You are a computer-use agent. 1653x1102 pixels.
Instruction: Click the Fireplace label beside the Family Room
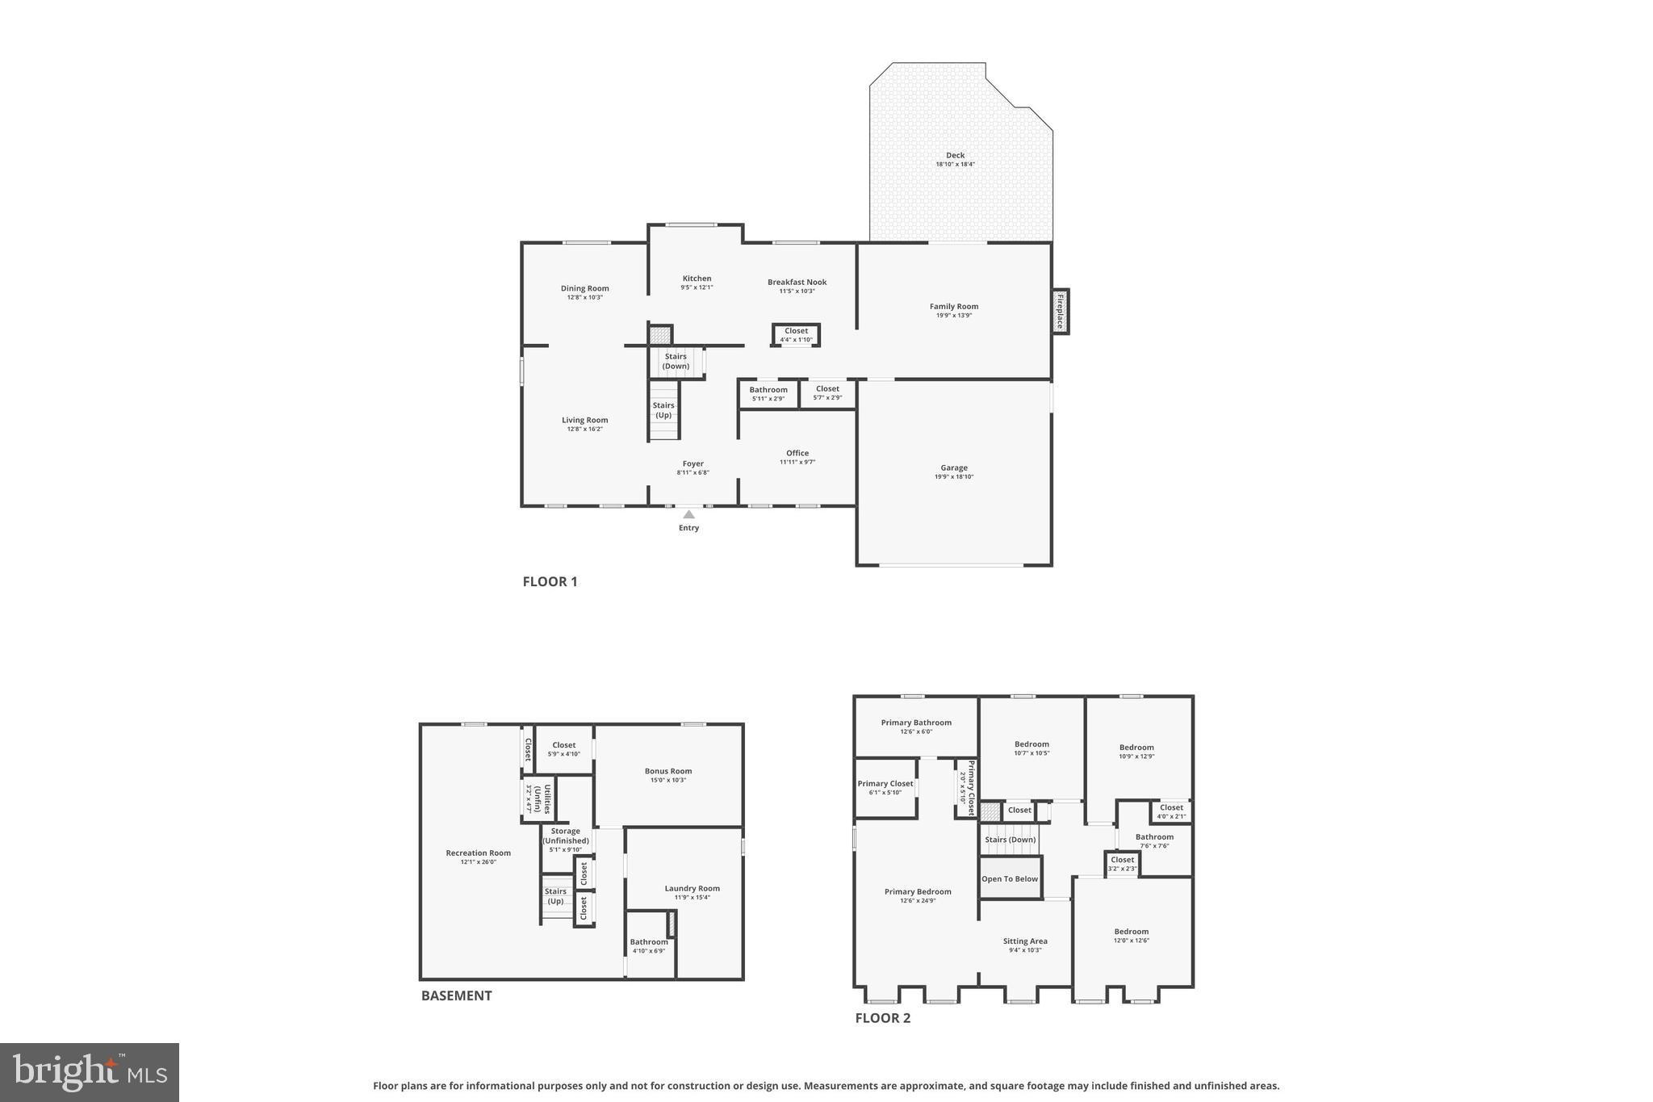1060,311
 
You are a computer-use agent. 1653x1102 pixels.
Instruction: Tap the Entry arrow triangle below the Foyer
688,514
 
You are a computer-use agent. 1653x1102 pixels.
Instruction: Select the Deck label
955,155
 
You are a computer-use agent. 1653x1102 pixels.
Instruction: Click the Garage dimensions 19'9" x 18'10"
954,477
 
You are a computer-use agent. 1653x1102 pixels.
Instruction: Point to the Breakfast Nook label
797,282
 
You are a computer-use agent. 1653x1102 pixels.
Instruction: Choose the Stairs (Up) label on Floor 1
663,410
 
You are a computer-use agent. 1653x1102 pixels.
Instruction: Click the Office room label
797,453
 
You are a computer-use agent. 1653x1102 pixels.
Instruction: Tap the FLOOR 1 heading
550,581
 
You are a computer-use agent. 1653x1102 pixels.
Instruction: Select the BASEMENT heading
456,995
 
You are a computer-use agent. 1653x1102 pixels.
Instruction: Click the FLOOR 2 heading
882,1018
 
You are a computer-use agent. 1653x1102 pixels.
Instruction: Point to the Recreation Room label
478,853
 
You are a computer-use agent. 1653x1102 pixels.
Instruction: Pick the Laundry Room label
692,888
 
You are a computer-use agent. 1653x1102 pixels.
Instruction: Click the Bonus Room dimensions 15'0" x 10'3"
667,780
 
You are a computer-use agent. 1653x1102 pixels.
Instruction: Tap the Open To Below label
1010,878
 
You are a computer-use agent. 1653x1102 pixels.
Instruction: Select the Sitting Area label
1025,941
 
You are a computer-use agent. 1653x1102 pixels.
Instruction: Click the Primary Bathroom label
916,723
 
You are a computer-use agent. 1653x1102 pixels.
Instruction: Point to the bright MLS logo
90,1072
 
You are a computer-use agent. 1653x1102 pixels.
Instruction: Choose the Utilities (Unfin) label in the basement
542,798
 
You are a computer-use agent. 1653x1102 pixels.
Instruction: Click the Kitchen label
697,278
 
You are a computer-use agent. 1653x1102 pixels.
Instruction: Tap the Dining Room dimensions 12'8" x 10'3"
584,297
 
